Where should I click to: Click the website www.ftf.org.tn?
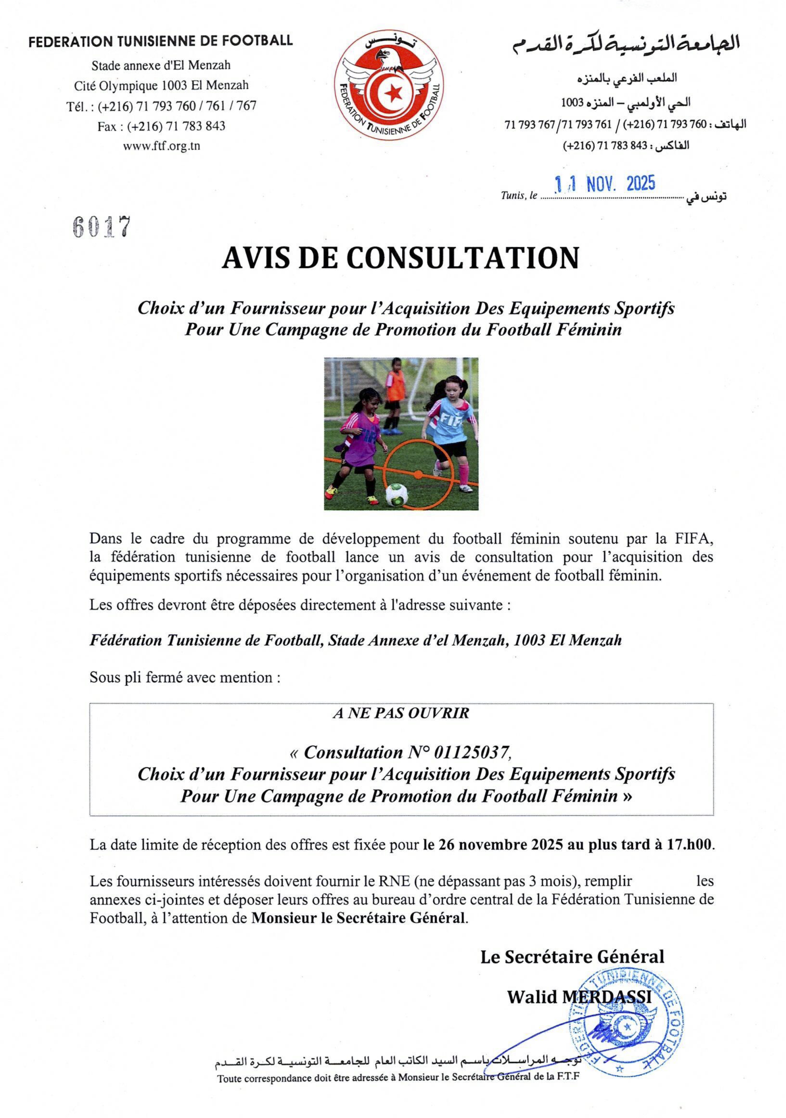(161, 146)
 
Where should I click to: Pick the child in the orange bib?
(394, 392)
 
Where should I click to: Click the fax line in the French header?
(161, 126)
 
